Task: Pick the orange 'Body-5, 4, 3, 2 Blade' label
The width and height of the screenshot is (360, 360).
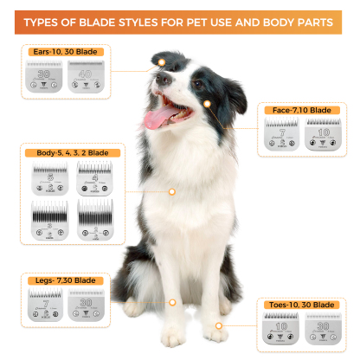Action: [73, 152]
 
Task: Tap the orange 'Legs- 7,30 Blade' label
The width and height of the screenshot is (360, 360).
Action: [61, 280]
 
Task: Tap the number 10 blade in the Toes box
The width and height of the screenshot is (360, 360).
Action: [280, 330]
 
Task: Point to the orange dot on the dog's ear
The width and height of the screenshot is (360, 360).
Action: [161, 63]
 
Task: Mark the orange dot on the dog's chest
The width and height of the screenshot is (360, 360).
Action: [172, 190]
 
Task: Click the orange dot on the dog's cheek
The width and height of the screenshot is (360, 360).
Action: [209, 102]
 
